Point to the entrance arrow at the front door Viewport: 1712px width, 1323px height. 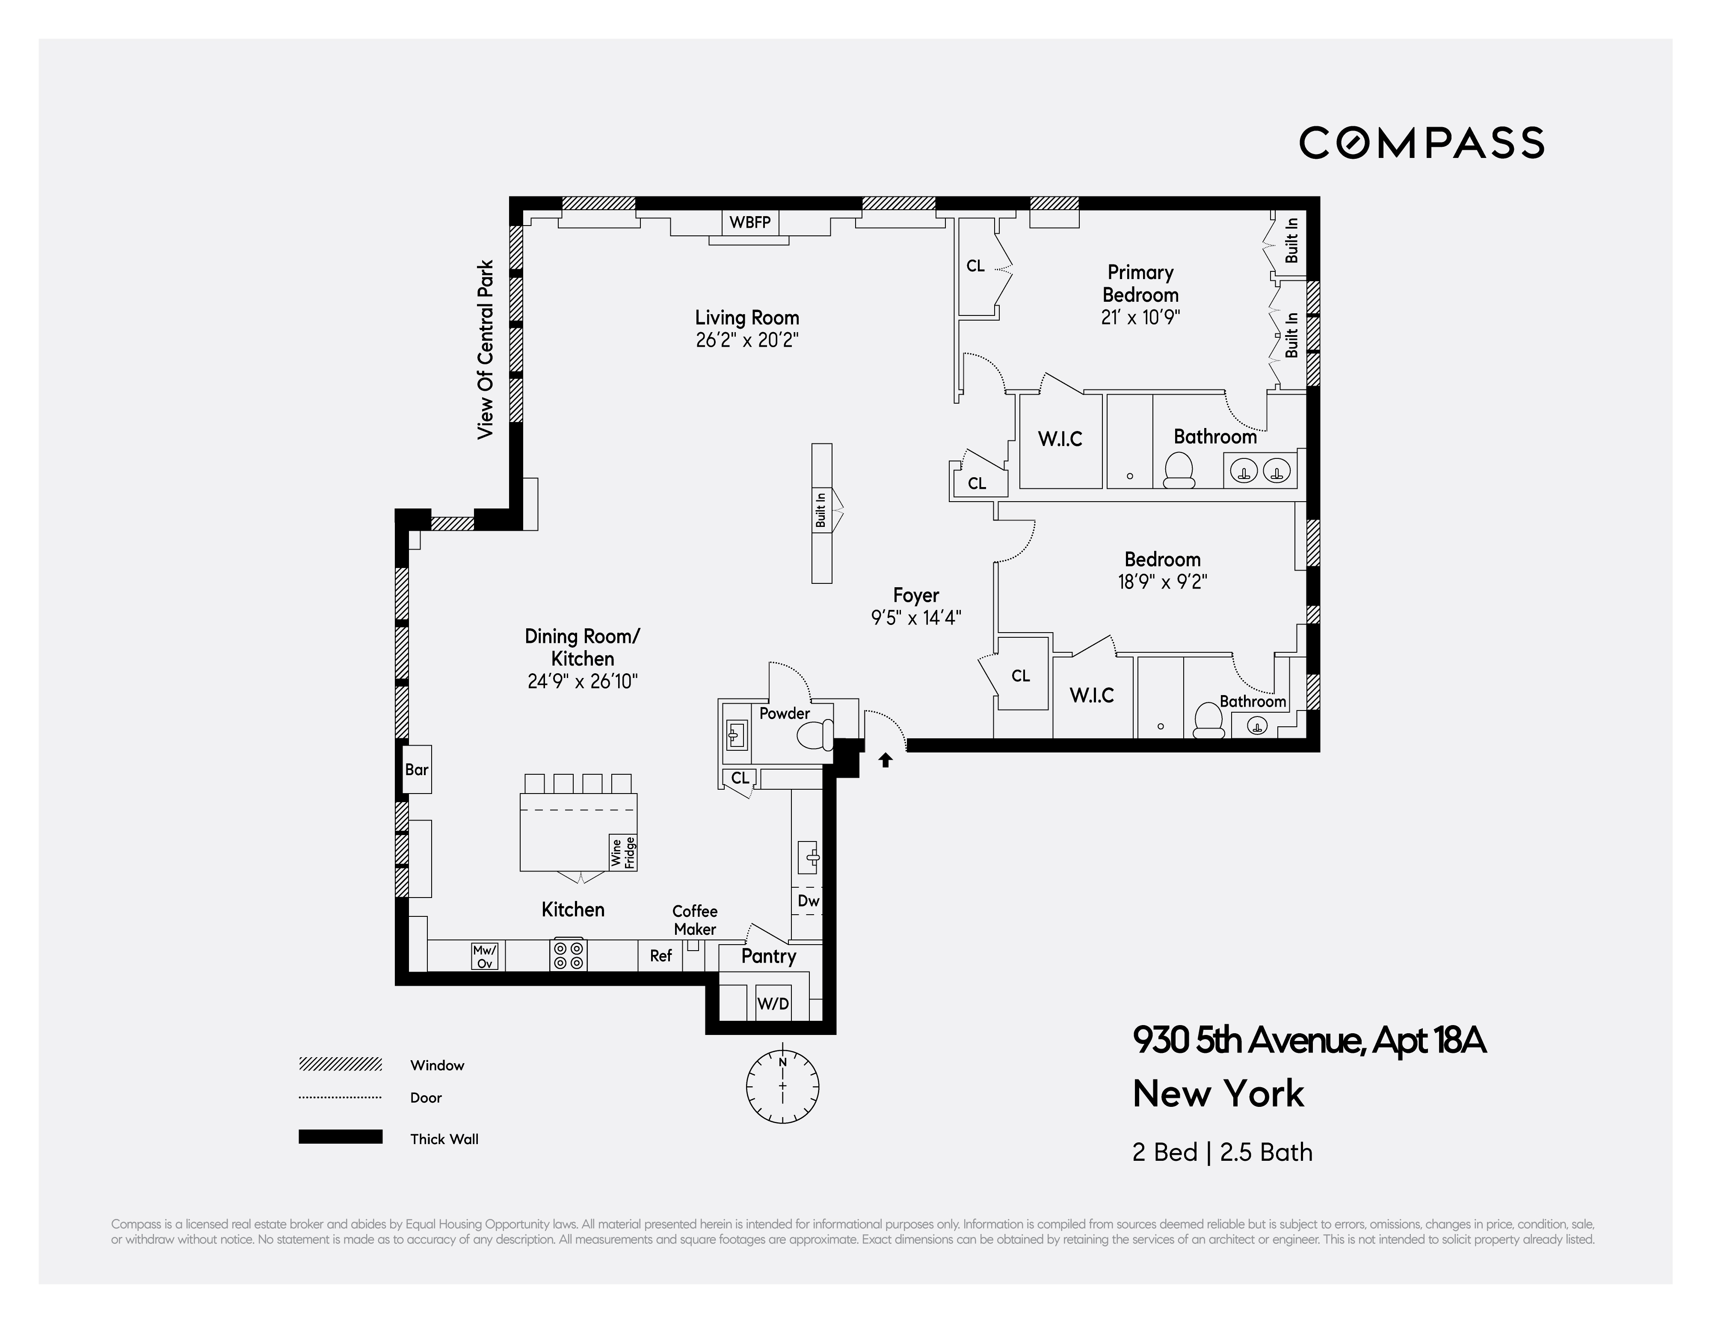(x=885, y=759)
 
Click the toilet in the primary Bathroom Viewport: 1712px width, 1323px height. (x=1178, y=470)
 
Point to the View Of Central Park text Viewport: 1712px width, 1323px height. (x=486, y=349)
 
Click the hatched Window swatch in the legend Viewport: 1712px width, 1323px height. (x=340, y=1064)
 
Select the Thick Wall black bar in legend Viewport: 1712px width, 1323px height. (x=340, y=1137)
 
